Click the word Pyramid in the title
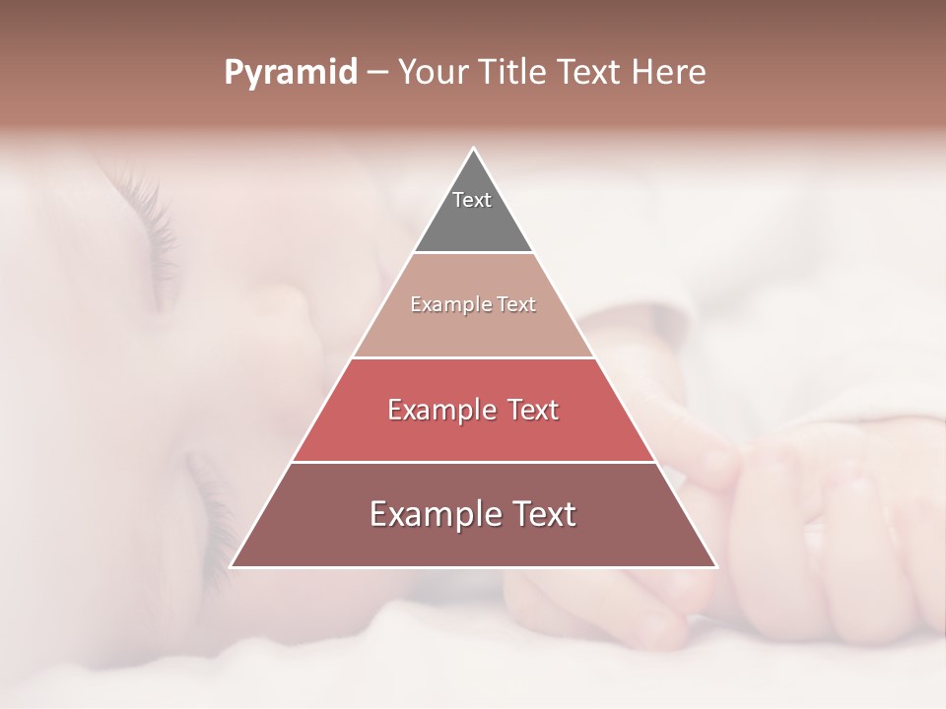coord(290,73)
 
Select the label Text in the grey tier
coord(472,200)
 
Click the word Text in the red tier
coord(527,410)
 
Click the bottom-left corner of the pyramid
coord(233,565)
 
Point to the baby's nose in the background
coord(296,315)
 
